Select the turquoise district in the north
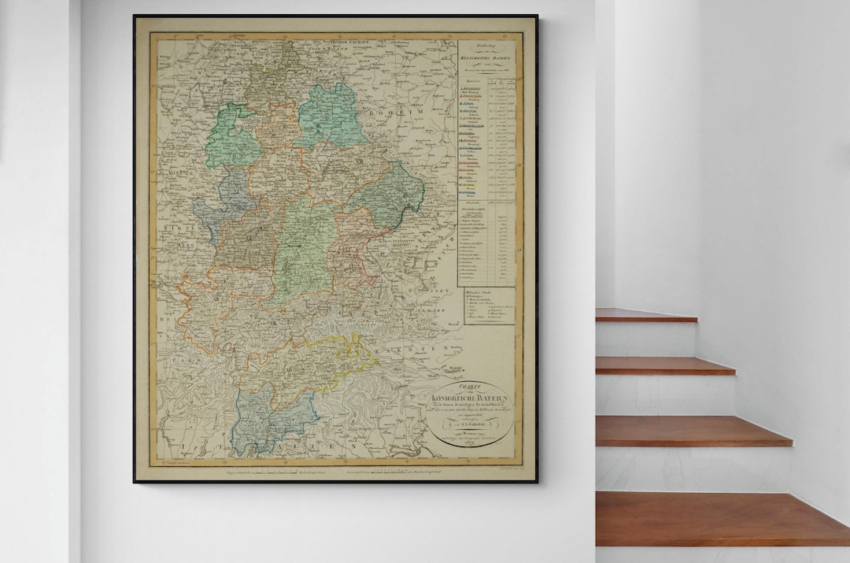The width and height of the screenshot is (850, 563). tap(332, 116)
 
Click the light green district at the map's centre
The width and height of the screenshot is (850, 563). tap(305, 246)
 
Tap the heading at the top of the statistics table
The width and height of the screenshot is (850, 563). tap(486, 56)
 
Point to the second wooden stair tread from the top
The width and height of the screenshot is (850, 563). tap(664, 365)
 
